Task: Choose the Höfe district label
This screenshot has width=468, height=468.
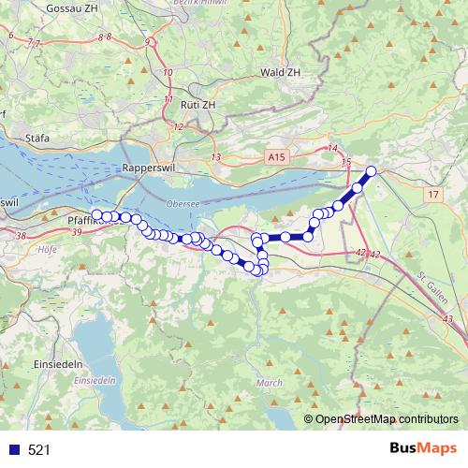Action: (47, 250)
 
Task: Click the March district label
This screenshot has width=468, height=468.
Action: (269, 383)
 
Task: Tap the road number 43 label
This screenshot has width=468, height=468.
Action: (446, 319)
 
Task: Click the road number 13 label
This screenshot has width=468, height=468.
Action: (216, 156)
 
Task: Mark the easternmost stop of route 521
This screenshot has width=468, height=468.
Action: (371, 170)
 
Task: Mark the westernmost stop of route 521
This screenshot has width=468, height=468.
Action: (97, 215)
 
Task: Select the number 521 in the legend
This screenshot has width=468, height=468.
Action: (39, 449)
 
